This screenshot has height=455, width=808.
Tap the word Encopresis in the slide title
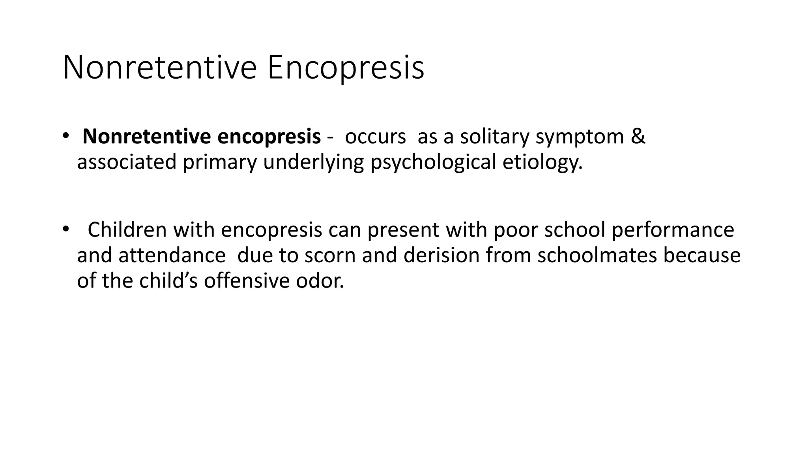346,68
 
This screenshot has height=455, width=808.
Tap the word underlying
313,162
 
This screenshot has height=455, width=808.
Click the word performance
673,229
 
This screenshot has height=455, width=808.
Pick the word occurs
375,137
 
